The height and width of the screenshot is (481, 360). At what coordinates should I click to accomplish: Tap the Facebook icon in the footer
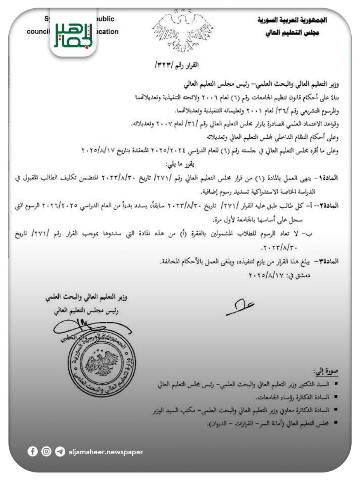(x=33, y=451)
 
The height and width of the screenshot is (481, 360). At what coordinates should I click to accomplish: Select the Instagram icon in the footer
(x=46, y=451)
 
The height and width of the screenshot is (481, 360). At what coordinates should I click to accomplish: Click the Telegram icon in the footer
(x=60, y=451)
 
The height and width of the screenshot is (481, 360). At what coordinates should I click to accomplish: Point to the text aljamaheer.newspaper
(x=106, y=452)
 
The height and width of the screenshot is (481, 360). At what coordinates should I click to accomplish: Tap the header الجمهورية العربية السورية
(x=292, y=20)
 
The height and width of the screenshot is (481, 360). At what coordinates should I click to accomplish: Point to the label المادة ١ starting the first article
(x=328, y=178)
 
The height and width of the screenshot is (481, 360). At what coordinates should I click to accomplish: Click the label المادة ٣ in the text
(x=328, y=261)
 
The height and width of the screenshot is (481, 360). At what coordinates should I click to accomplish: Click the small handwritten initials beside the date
(x=240, y=306)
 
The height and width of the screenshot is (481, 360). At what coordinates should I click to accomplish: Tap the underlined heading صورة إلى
(x=327, y=372)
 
